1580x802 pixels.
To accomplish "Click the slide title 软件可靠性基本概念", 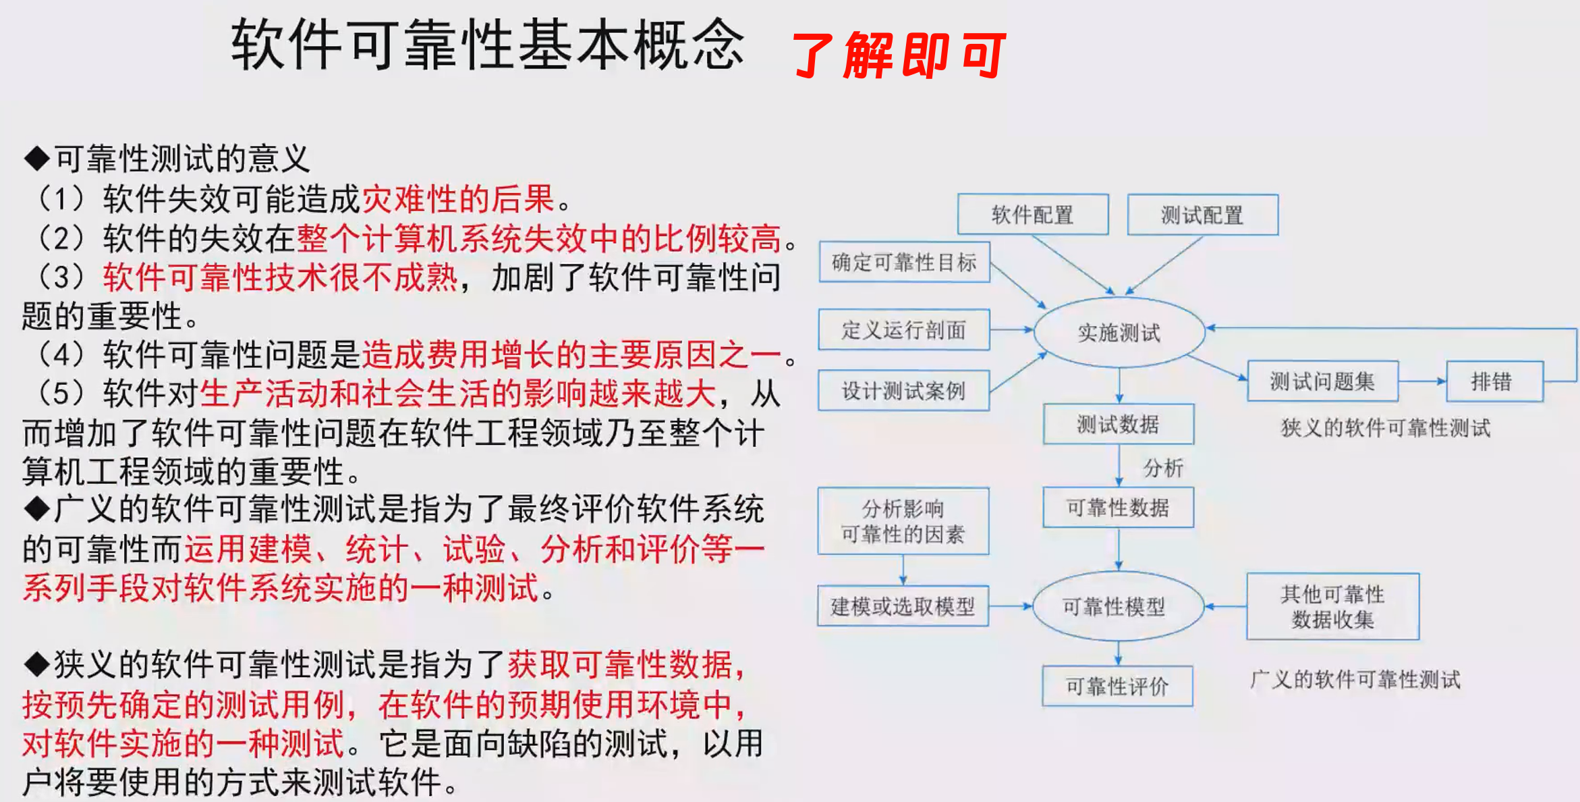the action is coord(487,45).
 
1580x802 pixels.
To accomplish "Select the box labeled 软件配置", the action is coord(1032,215).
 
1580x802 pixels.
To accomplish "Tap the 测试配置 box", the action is coord(1202,215).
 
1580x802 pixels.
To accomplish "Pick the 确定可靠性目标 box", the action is coord(904,262).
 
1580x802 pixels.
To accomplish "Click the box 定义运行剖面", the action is coord(904,330).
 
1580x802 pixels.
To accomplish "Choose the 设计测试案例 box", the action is coord(904,391).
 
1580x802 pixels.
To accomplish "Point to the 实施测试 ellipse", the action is coord(1119,332).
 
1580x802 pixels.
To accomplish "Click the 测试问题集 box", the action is coord(1322,381).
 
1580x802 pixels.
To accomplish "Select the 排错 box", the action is coord(1494,381).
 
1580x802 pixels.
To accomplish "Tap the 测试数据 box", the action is coord(1118,424).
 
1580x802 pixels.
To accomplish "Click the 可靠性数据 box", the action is coord(1118,508).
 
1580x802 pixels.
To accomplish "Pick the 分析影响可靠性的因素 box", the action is coord(903,521).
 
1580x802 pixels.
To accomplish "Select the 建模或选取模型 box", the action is coord(903,606).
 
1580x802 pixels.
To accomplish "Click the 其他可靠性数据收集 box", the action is coord(1332,606).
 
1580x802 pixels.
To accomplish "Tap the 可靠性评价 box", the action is coord(1117,687).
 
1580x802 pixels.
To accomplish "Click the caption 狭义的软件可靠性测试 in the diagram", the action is coord(1385,427).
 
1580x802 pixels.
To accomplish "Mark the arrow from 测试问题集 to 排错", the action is coord(1422,381).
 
